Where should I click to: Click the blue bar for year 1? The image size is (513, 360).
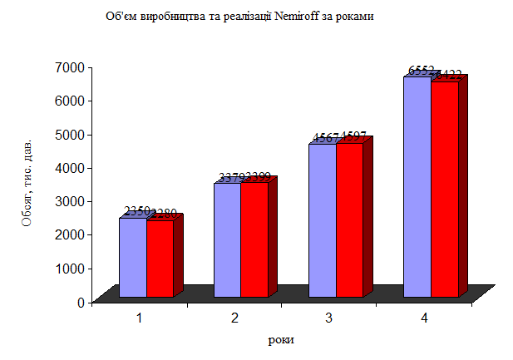(x=133, y=257)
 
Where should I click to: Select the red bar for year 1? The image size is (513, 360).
(x=160, y=258)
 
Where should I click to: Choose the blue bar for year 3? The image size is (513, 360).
(x=322, y=220)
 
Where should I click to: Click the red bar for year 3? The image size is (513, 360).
(x=348, y=220)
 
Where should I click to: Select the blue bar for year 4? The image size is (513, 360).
(x=417, y=187)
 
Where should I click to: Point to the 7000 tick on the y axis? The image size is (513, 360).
(x=69, y=67)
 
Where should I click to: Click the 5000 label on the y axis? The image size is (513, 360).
(x=69, y=134)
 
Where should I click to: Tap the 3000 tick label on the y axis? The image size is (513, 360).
(x=69, y=201)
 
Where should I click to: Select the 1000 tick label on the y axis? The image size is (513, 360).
(x=69, y=269)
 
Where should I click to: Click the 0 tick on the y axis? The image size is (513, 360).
(x=80, y=302)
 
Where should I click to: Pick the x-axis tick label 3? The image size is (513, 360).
(x=329, y=318)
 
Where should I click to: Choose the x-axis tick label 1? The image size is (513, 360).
(x=140, y=318)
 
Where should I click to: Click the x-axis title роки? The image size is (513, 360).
(x=281, y=340)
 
